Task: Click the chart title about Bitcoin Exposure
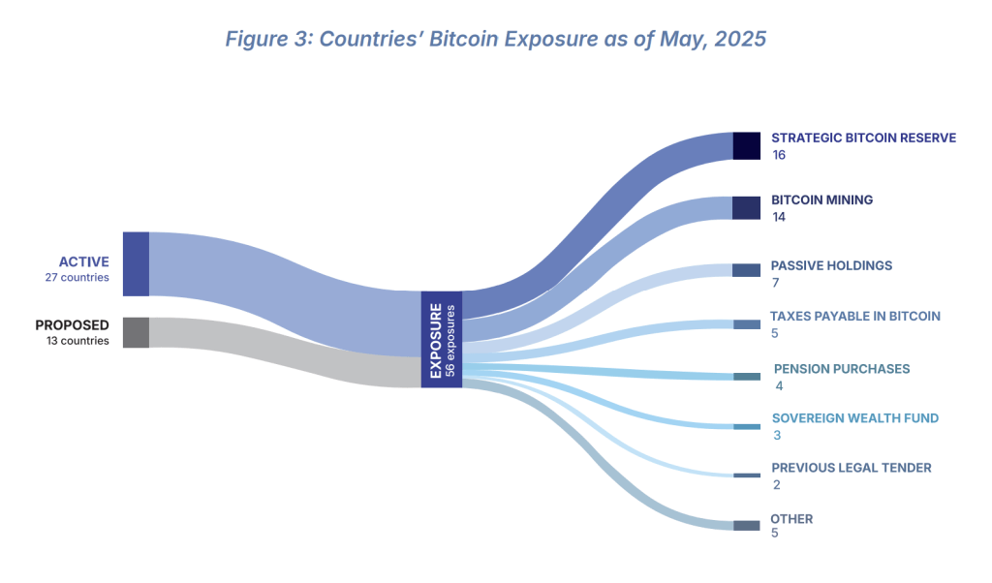[x=495, y=40]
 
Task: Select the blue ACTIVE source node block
[x=136, y=263]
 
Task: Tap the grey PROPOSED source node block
[x=136, y=332]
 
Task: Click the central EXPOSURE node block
[x=441, y=339]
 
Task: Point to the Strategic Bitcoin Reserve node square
[x=746, y=145]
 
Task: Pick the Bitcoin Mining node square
[x=746, y=208]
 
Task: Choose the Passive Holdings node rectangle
[x=746, y=270]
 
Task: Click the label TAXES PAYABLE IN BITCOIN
[x=854, y=316]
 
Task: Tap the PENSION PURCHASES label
[x=841, y=369]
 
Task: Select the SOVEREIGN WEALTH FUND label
[x=854, y=418]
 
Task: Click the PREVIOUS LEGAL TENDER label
[x=851, y=468]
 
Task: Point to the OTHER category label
[x=791, y=519]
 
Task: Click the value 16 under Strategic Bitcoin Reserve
[x=779, y=155]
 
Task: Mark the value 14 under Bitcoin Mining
[x=779, y=217]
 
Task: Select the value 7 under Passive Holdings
[x=775, y=283]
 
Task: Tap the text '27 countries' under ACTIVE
[x=77, y=278]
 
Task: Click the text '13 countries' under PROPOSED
[x=77, y=341]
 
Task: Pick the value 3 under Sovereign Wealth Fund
[x=777, y=436]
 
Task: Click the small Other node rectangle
[x=746, y=525]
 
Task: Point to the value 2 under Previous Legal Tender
[x=777, y=484]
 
